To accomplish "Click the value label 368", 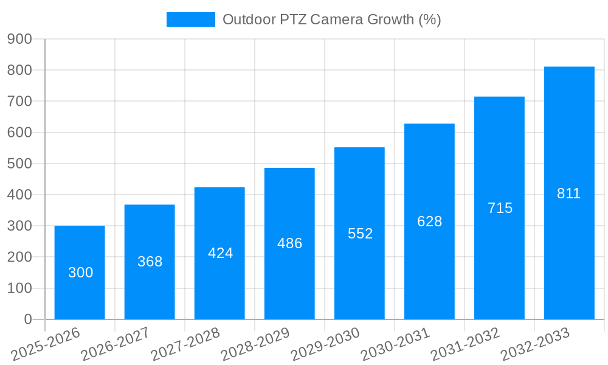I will point(150,262).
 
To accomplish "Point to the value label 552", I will point(360,234).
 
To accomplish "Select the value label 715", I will point(500,208).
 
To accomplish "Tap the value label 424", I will point(220,253).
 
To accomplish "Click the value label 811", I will point(569,193).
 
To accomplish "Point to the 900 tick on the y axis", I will point(19,39).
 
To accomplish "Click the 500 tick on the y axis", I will point(19,164).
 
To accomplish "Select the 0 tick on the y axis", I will point(27,319).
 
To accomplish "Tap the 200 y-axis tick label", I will point(19,257).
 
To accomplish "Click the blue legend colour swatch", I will point(190,19).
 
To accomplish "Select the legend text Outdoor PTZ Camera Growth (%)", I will point(331,19).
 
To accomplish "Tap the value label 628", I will point(429,221).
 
